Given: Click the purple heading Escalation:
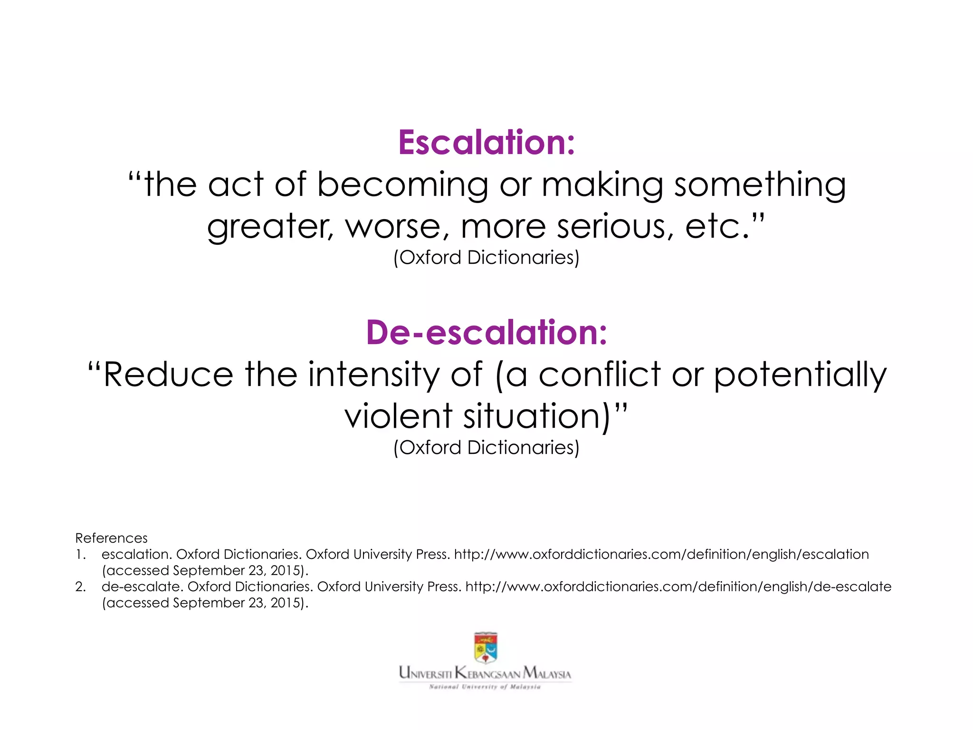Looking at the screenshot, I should (486, 143).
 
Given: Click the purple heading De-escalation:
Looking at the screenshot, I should (486, 332).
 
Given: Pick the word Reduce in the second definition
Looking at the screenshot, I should (168, 375).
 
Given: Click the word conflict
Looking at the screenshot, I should (600, 375).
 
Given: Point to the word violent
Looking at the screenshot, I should (398, 416).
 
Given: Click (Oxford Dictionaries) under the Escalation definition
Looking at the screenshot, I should (486, 258).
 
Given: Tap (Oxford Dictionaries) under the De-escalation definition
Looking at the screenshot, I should (486, 448).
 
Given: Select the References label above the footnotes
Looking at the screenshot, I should (111, 538).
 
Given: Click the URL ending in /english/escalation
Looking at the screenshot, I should (661, 554).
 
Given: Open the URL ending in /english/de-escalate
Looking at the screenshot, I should (678, 586).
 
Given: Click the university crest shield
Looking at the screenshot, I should (486, 647).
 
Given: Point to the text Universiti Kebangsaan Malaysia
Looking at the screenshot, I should (485, 673).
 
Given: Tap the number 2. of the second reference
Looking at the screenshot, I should (80, 586).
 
